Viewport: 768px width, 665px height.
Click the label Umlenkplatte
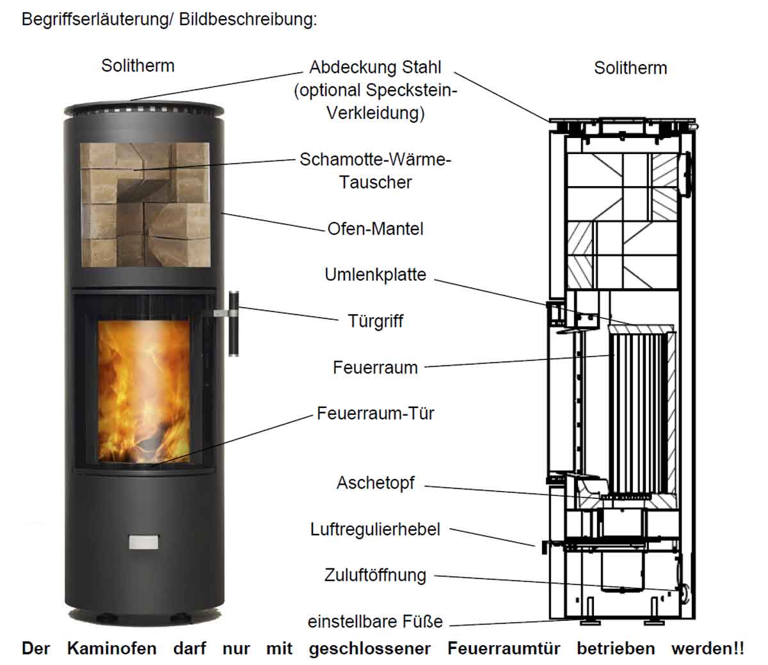375,275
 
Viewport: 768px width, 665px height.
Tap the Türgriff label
375,320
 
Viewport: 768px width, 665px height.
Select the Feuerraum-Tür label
375,413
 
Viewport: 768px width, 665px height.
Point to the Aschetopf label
375,483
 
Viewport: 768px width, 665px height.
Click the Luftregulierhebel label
375,529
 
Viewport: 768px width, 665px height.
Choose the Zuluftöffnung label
375,575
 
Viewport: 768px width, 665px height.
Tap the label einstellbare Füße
375,621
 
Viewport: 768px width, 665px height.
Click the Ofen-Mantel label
375,228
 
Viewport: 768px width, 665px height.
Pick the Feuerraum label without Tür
375,367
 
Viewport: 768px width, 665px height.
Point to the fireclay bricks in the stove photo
144,205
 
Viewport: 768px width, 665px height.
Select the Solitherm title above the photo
138,65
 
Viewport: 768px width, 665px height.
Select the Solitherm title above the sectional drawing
630,68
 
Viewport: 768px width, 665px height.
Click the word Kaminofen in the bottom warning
111,648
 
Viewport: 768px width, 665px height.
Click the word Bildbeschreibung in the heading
248,19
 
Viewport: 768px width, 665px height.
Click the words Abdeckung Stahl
375,67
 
